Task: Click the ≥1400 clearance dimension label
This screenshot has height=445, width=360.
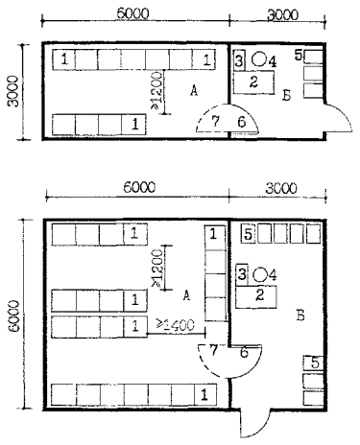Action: pyautogui.click(x=176, y=325)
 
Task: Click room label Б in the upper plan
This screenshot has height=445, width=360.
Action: pyautogui.click(x=286, y=95)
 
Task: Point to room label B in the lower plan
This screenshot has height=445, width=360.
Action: pyautogui.click(x=300, y=316)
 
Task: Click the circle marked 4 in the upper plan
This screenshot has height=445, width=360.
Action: pyautogui.click(x=258, y=59)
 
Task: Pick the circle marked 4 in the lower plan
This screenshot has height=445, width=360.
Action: pyautogui.click(x=260, y=274)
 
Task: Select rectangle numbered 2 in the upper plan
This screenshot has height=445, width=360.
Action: pyautogui.click(x=253, y=82)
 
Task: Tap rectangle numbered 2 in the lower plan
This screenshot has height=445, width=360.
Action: pyautogui.click(x=256, y=296)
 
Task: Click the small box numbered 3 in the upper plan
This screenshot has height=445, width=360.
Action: pyautogui.click(x=239, y=60)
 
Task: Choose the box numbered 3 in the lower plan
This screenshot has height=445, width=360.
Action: pyautogui.click(x=242, y=274)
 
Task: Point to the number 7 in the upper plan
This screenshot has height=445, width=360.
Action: pyautogui.click(x=215, y=121)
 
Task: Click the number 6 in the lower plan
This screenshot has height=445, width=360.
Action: pyautogui.click(x=244, y=352)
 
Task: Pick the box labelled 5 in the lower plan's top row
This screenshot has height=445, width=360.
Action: pyautogui.click(x=249, y=234)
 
